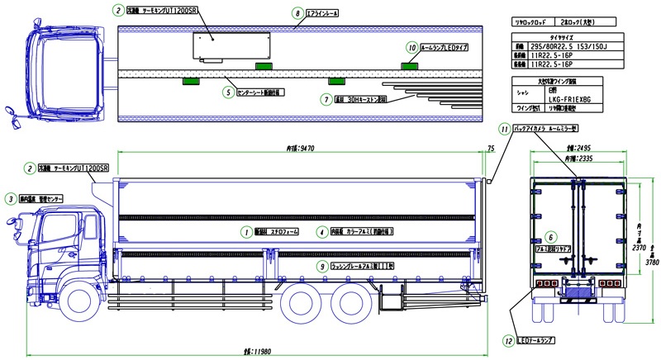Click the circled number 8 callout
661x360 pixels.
297,14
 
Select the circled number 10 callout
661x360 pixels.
411,47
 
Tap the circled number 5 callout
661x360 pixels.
227,92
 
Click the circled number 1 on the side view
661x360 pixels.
245,231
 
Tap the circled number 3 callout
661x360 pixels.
9,198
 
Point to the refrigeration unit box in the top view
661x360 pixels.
232,46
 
